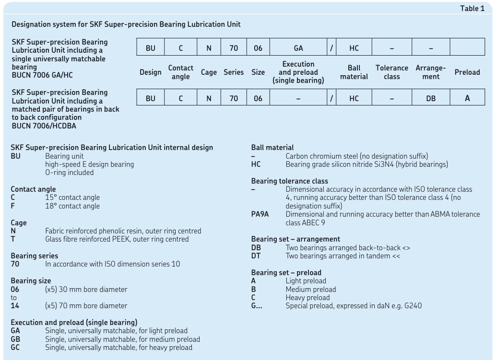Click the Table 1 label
pyautogui.click(x=472, y=9)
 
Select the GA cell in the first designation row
pyautogui.click(x=298, y=48)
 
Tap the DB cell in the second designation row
pyautogui.click(x=431, y=98)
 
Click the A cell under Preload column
pyautogui.click(x=467, y=98)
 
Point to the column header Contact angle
pyautogui.click(x=180, y=72)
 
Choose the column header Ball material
pyautogui.click(x=354, y=72)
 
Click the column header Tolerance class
pyautogui.click(x=391, y=72)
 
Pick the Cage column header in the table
pyautogui.click(x=209, y=72)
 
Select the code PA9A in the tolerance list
pyautogui.click(x=260, y=214)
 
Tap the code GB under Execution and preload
pyautogui.click(x=15, y=339)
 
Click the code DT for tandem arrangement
pyautogui.click(x=256, y=256)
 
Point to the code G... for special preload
pyautogui.click(x=257, y=305)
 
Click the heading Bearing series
pyautogui.click(x=34, y=256)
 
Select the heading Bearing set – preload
pyautogui.click(x=286, y=273)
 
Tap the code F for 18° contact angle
pyautogui.click(x=13, y=206)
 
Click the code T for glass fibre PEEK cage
pyautogui.click(x=13, y=239)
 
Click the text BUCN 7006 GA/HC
pyautogui.click(x=42, y=75)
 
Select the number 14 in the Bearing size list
pyautogui.click(x=15, y=305)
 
